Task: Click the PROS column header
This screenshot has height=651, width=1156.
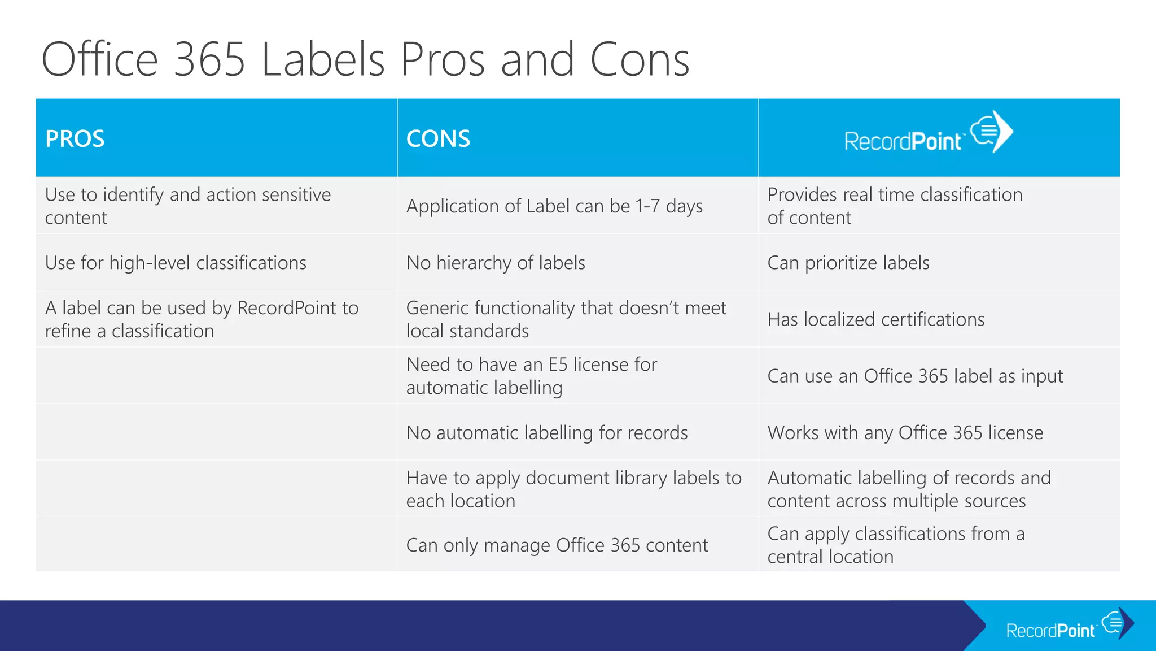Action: point(75,139)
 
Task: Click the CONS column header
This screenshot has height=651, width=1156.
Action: point(438,139)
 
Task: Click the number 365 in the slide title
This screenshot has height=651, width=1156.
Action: point(209,59)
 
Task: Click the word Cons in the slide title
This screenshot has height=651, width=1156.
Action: point(640,59)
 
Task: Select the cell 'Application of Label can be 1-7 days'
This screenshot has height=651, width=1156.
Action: point(554,206)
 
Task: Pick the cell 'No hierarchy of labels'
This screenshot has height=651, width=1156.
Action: point(496,263)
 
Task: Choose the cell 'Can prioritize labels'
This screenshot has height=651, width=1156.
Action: point(848,263)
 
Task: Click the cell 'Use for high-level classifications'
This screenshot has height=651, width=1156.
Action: point(176,263)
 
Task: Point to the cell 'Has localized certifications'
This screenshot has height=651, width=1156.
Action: point(875,319)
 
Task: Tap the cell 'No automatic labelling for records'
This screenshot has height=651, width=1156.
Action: point(546,433)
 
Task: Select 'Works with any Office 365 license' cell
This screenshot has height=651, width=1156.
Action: point(905,433)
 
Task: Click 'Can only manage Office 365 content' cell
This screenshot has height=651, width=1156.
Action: point(557,545)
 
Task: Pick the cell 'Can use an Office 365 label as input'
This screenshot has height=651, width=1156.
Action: point(915,376)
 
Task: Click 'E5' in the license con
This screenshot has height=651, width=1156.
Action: point(558,364)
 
